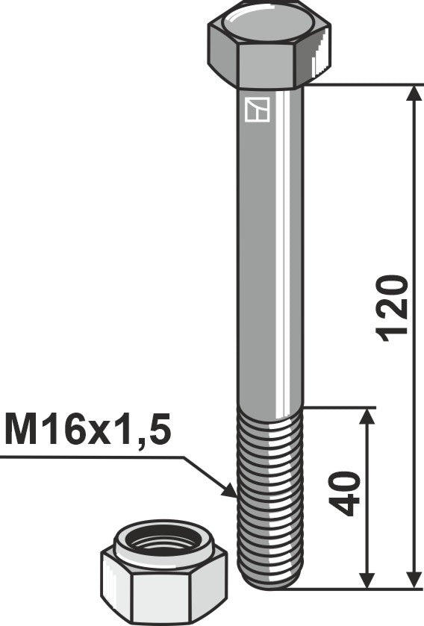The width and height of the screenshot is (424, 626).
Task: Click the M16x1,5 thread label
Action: point(88,431)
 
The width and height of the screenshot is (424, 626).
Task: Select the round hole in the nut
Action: point(163,542)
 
